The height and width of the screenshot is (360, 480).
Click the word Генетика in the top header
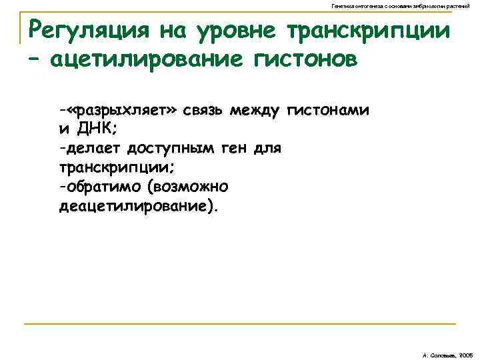tap(343, 5)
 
